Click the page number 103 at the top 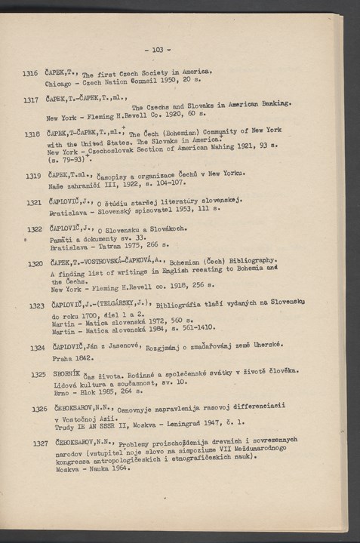coord(157,49)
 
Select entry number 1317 coord(31,99)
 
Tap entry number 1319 coord(32,176)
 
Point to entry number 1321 coord(32,203)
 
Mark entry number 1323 coord(35,307)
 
